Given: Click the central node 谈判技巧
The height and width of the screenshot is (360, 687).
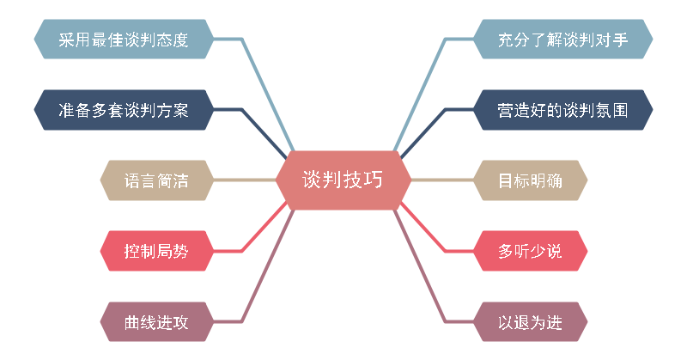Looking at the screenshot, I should tap(343, 180).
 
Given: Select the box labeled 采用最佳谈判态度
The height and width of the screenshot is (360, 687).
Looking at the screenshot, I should tap(123, 40).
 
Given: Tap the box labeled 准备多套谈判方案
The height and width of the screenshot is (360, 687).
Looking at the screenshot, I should tap(123, 110).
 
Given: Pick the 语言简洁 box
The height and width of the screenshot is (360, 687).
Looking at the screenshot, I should tap(156, 180).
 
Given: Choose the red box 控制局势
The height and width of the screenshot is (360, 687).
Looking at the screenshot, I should tap(156, 251).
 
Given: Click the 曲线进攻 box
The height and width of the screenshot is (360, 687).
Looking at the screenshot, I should tap(156, 322).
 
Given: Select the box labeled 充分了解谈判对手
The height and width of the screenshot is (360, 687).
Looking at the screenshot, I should tap(563, 40).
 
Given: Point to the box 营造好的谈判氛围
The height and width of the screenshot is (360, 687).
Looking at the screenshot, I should tap(563, 110).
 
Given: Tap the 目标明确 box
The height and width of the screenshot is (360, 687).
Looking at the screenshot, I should tap(531, 180).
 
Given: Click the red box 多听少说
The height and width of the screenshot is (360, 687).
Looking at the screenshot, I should tap(531, 251).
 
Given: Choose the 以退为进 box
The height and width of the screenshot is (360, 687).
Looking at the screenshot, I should tap(531, 322).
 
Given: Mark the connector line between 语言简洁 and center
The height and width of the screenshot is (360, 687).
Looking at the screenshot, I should tap(245, 180).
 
